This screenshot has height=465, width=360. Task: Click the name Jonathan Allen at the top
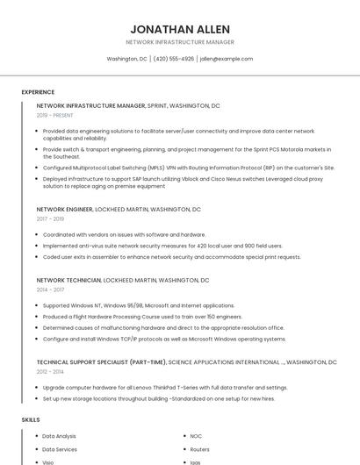179,28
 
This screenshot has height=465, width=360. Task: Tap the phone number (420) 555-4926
173,59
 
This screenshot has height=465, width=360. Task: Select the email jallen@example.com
226,59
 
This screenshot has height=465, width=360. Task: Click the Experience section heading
38,92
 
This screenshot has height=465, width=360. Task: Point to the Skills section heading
31,420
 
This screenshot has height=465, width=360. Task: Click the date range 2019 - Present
54,115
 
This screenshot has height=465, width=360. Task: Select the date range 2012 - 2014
49,371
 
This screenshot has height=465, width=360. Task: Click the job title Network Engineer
64,210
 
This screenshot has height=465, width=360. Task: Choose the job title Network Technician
68,280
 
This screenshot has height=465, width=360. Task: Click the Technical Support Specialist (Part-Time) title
101,361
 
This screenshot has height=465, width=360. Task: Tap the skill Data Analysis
59,436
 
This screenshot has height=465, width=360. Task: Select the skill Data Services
60,449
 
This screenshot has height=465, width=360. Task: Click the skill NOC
196,436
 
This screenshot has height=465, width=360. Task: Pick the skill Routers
199,449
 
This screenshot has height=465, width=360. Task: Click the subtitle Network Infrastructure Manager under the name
179,42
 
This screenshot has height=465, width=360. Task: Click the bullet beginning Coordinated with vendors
124,235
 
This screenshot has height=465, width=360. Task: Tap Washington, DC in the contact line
126,59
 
